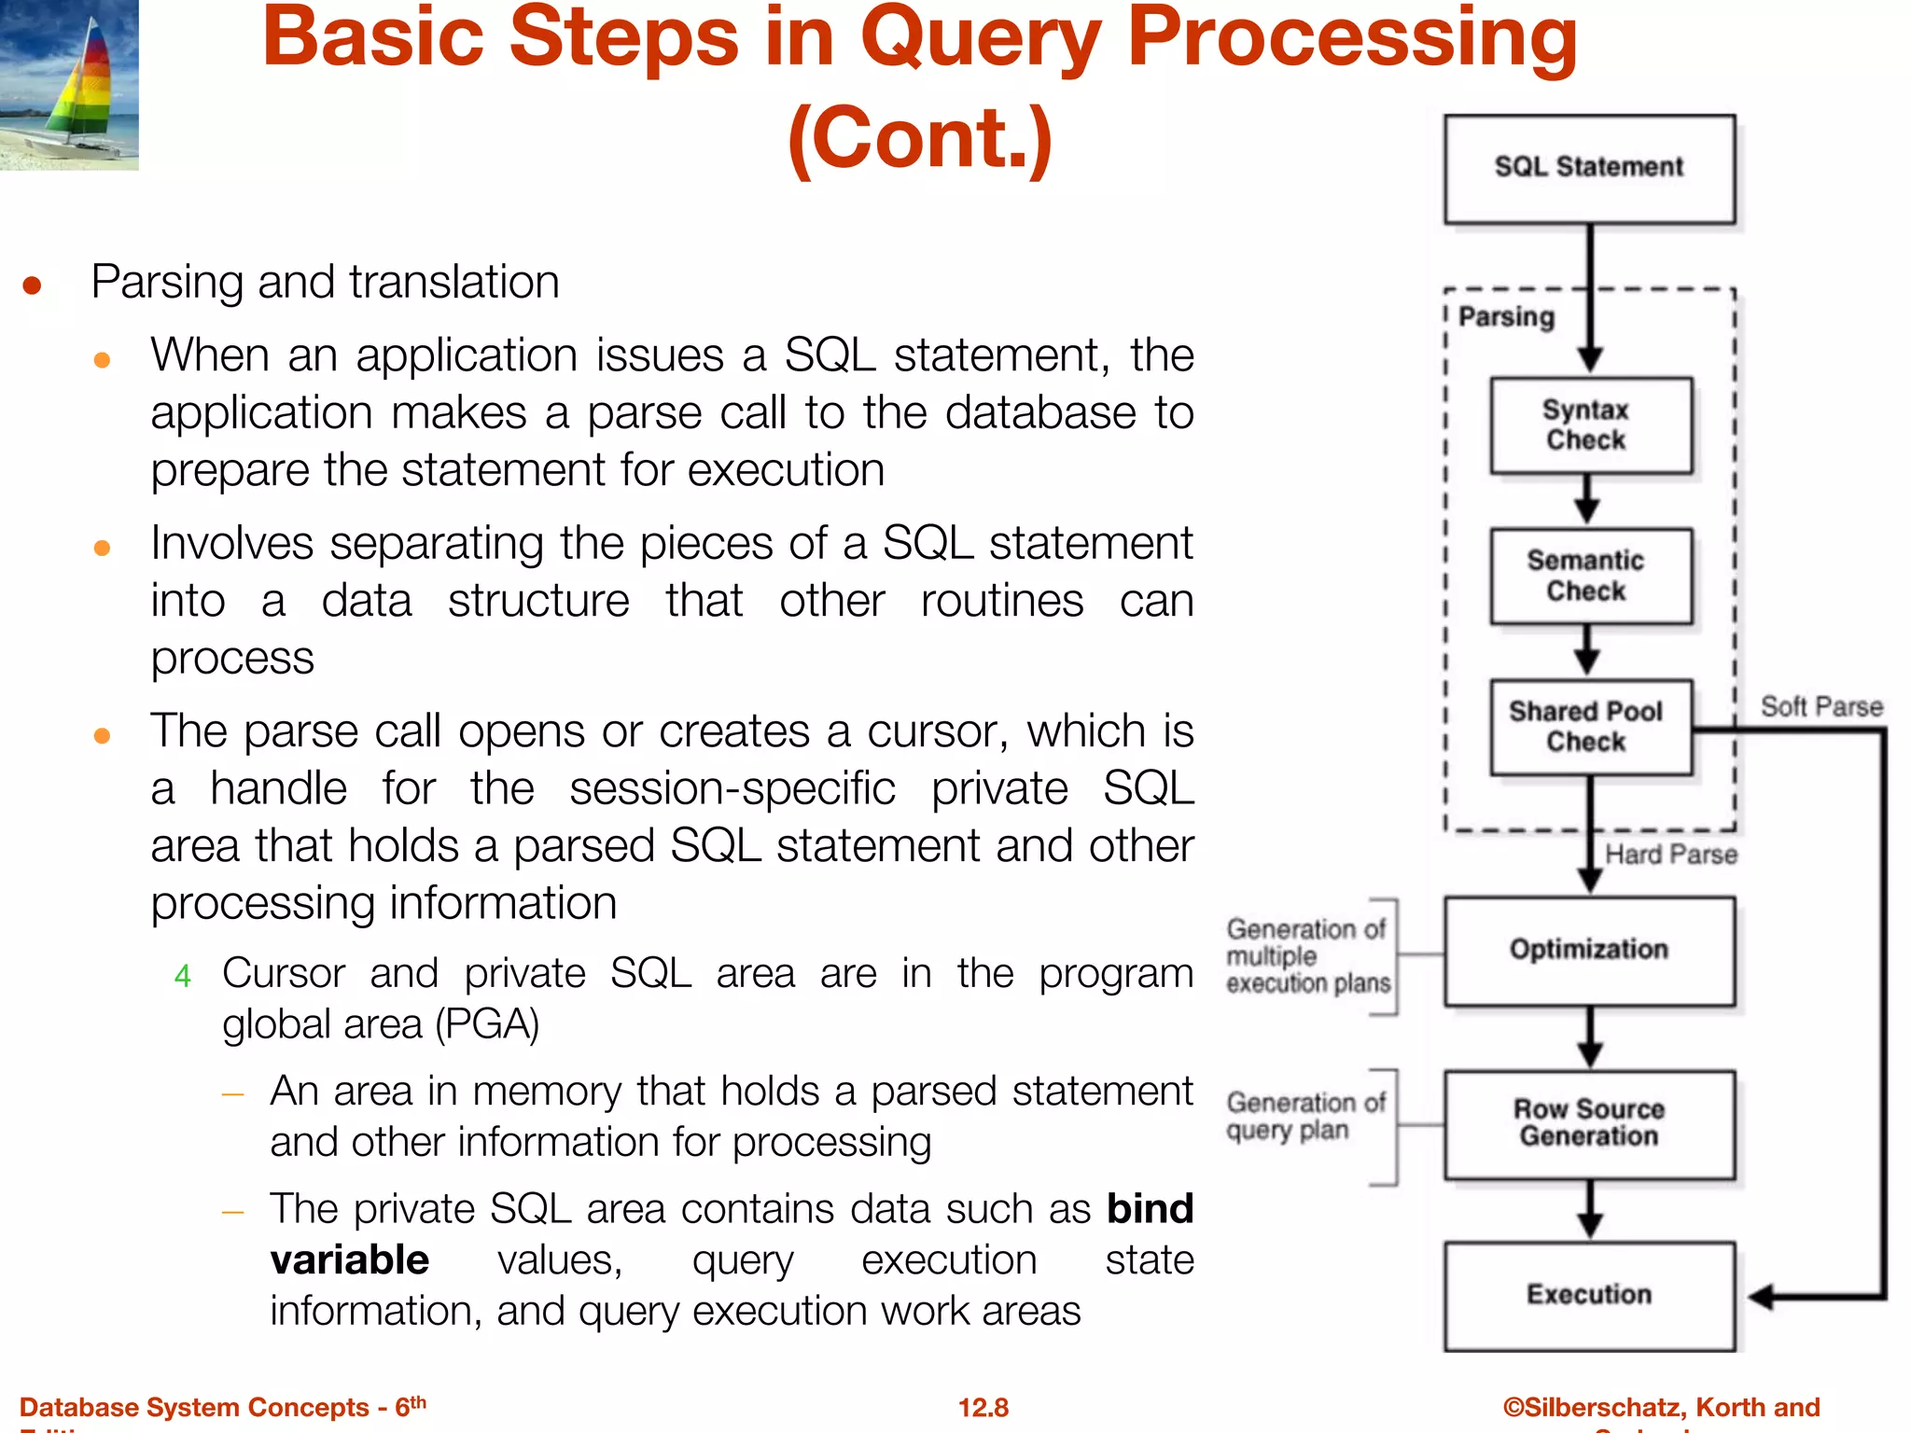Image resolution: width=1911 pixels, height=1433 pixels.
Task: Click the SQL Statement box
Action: coord(1589,169)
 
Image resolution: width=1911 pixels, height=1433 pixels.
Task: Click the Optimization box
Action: coord(1589,951)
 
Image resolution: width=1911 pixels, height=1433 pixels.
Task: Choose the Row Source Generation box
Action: coord(1589,1124)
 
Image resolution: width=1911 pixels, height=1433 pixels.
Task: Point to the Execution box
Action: coord(1589,1296)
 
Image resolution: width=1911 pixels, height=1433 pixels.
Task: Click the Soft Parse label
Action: coord(1820,707)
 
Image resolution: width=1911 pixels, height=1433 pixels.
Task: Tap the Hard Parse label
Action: coord(1670,855)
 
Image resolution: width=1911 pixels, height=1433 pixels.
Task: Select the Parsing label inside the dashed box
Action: coord(1506,317)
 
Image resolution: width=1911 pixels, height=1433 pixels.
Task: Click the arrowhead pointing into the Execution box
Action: coord(1760,1297)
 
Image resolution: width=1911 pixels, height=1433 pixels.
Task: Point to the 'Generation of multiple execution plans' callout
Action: coord(1307,956)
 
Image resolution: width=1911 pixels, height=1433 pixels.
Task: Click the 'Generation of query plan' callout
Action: coord(1304,1117)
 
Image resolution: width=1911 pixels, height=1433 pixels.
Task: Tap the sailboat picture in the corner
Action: coord(69,84)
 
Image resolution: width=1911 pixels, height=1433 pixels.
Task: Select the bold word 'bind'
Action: coord(1150,1209)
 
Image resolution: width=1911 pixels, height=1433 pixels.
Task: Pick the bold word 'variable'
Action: coord(350,1260)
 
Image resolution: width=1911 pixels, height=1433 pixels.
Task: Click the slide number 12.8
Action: coord(983,1408)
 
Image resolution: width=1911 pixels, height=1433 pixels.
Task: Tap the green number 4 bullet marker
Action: coord(183,977)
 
